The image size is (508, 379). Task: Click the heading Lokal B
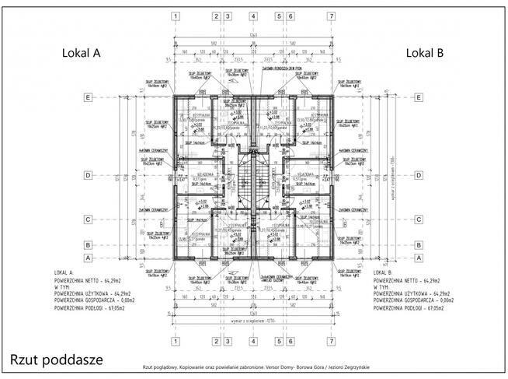[x=424, y=53]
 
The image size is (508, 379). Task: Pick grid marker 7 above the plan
[x=331, y=16]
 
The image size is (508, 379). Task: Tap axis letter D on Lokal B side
[x=419, y=175]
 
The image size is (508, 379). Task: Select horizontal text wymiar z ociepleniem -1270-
[x=253, y=321]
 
